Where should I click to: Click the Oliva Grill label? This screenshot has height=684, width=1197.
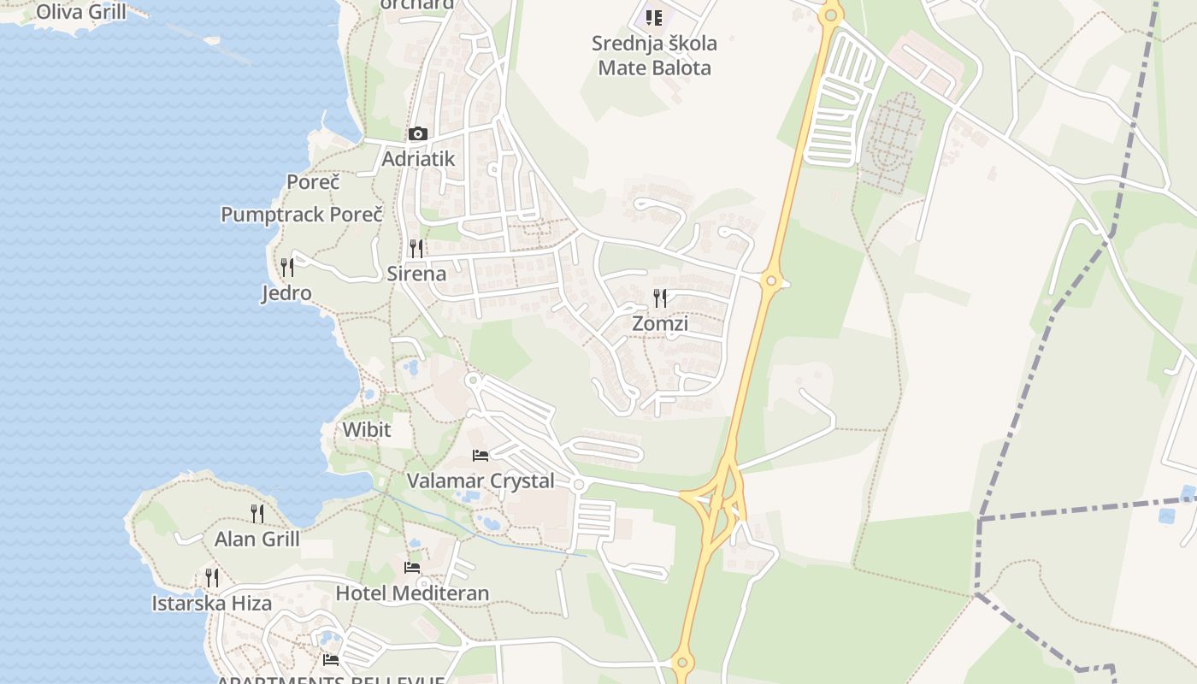[81, 12]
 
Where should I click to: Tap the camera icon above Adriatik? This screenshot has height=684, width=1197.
[418, 133]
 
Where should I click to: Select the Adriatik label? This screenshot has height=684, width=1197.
[418, 159]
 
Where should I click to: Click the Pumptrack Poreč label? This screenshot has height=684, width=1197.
[302, 215]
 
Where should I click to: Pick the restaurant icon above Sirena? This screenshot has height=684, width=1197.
[416, 249]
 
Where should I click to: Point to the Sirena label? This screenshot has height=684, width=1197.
[416, 274]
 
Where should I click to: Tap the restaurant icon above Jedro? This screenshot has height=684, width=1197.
[286, 268]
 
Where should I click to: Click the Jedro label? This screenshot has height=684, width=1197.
[286, 293]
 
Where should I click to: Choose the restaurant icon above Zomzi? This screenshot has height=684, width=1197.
[660, 298]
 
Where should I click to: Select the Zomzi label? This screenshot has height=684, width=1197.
[660, 324]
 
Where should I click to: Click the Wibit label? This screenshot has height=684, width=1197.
[367, 429]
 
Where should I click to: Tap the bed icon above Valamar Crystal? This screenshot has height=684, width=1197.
[481, 456]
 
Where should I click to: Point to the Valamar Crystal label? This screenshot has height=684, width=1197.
[481, 481]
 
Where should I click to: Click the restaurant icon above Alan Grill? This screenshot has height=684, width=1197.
[256, 513]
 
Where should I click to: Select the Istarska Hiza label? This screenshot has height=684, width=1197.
[212, 604]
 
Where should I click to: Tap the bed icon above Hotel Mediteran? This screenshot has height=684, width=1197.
[412, 568]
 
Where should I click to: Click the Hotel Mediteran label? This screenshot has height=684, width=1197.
[412, 593]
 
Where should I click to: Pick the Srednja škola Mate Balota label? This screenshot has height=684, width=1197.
[654, 56]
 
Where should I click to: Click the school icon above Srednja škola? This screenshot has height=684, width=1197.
[654, 17]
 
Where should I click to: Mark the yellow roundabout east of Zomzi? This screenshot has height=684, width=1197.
[771, 280]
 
